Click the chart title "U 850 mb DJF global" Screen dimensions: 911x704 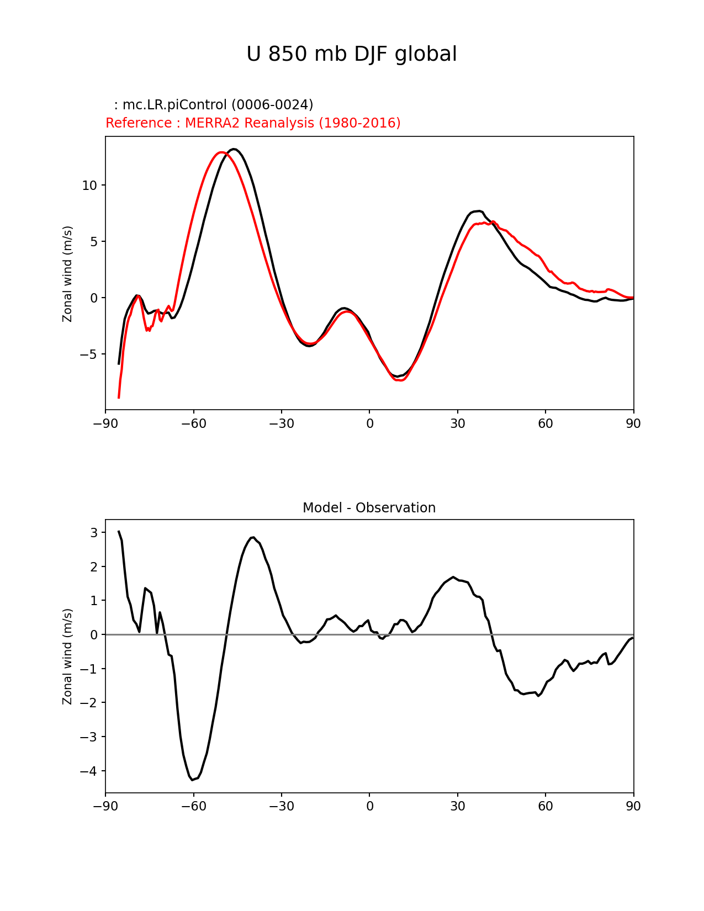(x=351, y=55)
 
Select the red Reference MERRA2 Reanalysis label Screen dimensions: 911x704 (x=253, y=123)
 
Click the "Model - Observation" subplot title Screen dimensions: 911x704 (x=369, y=508)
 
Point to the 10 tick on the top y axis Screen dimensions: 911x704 (x=89, y=186)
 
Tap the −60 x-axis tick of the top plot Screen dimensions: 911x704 (x=193, y=423)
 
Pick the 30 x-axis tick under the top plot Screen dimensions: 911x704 (x=457, y=423)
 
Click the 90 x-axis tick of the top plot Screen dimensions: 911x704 (x=633, y=423)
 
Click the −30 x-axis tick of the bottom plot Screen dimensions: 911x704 (x=281, y=807)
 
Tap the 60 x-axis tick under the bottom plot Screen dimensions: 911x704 (x=545, y=807)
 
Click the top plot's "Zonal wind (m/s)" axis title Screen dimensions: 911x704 (x=67, y=273)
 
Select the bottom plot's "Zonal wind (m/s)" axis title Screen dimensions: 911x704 (x=67, y=656)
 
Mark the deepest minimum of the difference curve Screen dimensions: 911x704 (x=192, y=780)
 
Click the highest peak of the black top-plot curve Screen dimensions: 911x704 (x=234, y=149)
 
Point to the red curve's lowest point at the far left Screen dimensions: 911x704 (x=119, y=398)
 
